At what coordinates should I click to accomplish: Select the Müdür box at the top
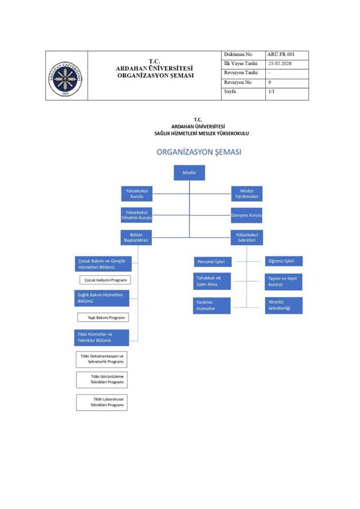[189, 173]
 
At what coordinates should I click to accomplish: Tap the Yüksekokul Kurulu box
[137, 193]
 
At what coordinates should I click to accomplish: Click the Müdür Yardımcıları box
[246, 193]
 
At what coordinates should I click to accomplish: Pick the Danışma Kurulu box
[246, 215]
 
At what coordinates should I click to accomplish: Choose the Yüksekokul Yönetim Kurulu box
[137, 215]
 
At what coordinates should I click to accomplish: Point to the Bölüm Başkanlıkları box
[136, 238]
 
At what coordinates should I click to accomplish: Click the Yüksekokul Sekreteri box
[246, 238]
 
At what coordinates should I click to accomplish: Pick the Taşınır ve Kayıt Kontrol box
[284, 281]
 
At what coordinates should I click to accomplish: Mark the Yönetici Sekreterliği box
[284, 305]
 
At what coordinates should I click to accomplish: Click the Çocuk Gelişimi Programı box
[105, 280]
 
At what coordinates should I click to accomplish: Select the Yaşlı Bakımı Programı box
[102, 317]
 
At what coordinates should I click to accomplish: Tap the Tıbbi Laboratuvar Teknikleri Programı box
[102, 402]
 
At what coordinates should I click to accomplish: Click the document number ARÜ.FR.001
[281, 54]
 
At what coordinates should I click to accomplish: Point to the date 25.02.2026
[280, 64]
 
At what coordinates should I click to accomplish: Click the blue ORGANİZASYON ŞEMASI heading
[199, 152]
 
